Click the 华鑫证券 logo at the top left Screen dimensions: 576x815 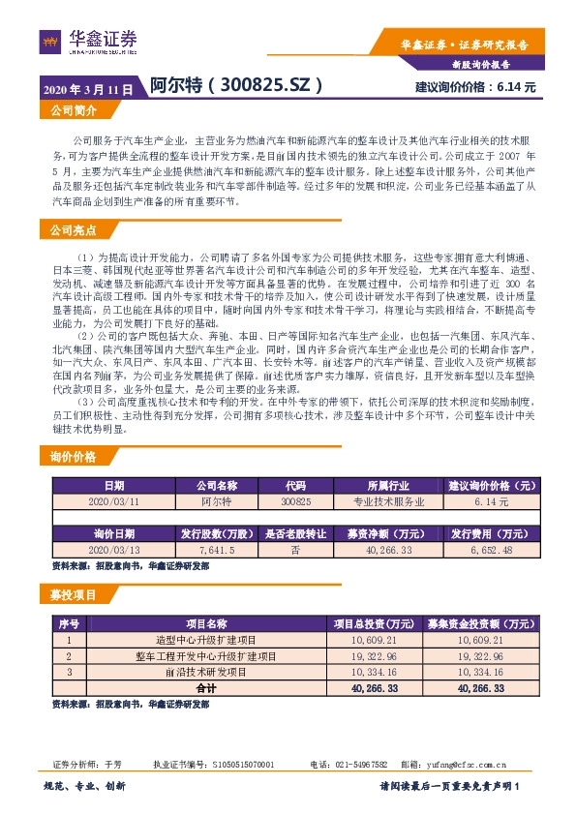tap(89, 42)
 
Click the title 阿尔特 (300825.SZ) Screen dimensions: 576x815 tap(236, 86)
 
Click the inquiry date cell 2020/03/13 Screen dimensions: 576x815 tap(114, 549)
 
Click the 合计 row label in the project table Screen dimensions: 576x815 tap(205, 686)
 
